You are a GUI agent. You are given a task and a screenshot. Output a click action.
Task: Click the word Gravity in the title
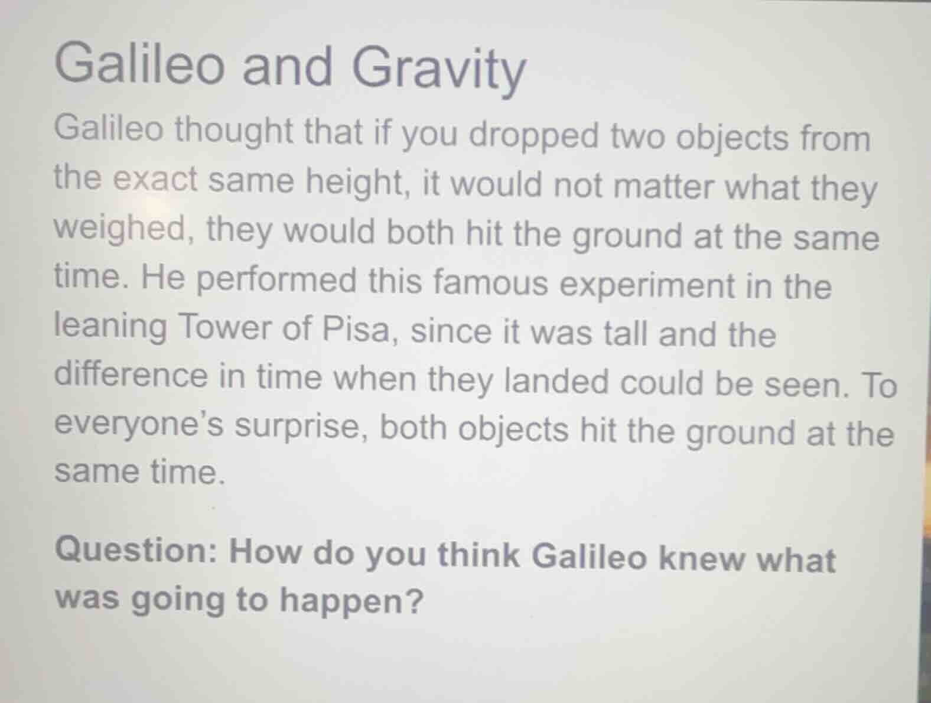438,68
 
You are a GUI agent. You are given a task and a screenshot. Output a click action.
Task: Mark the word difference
131,375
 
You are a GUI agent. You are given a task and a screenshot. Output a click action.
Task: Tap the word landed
555,381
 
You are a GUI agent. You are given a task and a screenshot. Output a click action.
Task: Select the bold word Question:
137,551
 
